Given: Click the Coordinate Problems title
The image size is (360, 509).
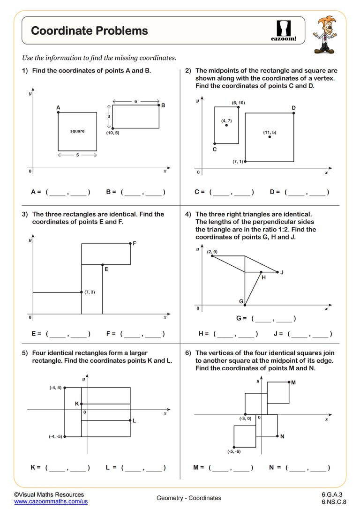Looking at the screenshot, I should click(89, 31).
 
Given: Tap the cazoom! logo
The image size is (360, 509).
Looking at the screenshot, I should click(284, 30).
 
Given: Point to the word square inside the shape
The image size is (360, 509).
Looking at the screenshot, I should click(77, 131).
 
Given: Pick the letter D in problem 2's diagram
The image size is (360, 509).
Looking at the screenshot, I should click(293, 108).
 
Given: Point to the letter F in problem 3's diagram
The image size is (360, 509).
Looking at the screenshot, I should click(135, 243).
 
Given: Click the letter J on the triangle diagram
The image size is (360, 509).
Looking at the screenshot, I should click(282, 272).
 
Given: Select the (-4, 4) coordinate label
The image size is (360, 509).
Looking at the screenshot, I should click(55, 388).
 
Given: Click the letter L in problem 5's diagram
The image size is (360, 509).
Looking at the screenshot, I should click(134, 421).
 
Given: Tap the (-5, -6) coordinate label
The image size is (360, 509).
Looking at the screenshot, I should click(233, 451).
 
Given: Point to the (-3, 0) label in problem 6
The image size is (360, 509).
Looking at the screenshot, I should click(245, 419).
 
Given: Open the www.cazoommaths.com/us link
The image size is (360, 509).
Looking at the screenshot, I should click(51, 502).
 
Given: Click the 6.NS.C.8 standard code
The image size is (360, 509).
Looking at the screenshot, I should click(333, 502).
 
